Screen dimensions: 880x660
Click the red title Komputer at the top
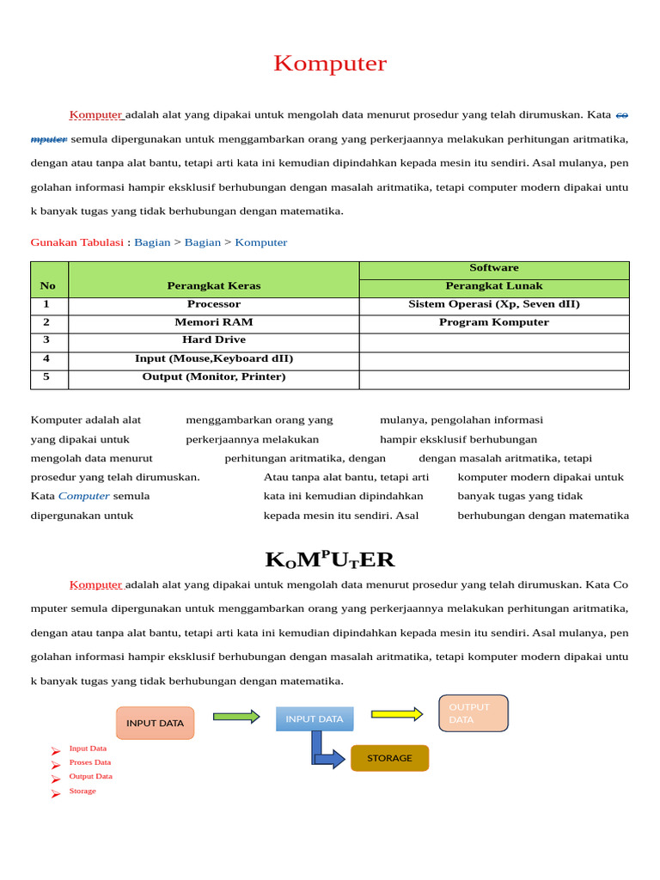tap(330, 64)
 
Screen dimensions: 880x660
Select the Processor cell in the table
tap(214, 304)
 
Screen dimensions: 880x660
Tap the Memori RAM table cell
tap(214, 322)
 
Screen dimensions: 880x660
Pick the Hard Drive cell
tap(214, 340)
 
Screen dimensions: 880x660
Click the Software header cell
tap(494, 268)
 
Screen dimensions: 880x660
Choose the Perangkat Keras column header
tap(214, 285)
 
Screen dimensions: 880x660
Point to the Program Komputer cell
tap(494, 322)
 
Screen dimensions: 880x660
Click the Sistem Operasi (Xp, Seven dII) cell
tap(494, 304)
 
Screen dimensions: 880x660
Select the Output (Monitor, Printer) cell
tap(214, 377)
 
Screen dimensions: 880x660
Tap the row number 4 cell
tap(46, 359)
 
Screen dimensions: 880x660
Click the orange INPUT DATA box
tap(156, 723)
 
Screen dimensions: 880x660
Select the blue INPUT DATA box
tap(315, 718)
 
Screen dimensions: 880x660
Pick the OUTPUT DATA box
tap(473, 713)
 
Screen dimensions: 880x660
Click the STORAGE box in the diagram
tap(389, 758)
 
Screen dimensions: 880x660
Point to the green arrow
tap(236, 716)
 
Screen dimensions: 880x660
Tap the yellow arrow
tap(397, 713)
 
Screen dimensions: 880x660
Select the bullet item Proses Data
tap(89, 762)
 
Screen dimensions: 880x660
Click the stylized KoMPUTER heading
tap(330, 559)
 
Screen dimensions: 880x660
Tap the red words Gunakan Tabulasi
tap(77, 242)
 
